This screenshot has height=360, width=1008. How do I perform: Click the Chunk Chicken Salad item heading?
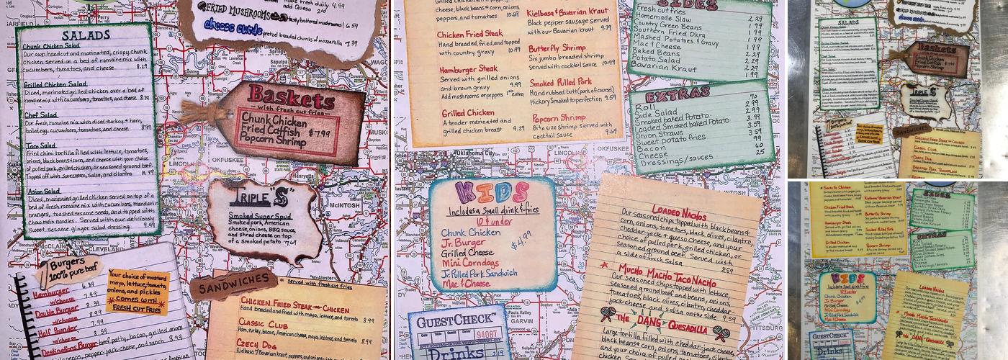click(55, 46)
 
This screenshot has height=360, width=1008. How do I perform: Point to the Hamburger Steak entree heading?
click(468, 68)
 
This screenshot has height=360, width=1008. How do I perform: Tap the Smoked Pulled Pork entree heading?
click(561, 82)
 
